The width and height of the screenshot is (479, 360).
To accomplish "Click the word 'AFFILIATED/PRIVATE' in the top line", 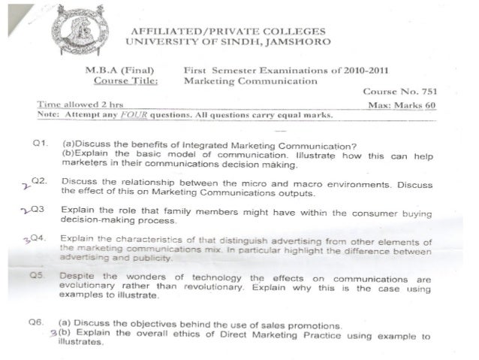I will tap(181, 31).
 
